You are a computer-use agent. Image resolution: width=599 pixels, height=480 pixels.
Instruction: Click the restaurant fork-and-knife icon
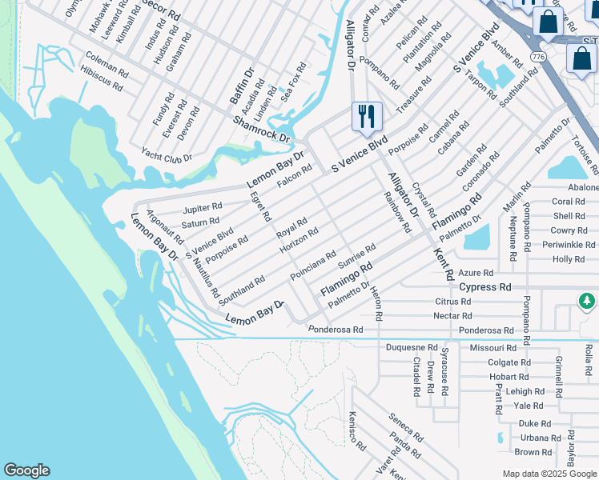pyautogui.click(x=367, y=116)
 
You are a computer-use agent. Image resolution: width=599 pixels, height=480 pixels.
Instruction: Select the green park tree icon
pyautogui.click(x=588, y=302)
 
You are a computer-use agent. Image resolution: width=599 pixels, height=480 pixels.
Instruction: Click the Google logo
pyautogui.click(x=26, y=470)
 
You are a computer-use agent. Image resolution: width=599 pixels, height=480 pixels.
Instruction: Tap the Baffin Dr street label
pyautogui.click(x=241, y=86)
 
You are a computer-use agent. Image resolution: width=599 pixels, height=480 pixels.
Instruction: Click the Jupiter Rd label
pyautogui.click(x=202, y=207)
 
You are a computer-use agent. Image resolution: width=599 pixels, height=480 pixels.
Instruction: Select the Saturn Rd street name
pyautogui.click(x=200, y=223)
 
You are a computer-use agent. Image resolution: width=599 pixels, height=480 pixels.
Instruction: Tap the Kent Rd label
pyautogui.click(x=443, y=263)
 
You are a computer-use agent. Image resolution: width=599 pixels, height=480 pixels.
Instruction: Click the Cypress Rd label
pyautogui.click(x=484, y=286)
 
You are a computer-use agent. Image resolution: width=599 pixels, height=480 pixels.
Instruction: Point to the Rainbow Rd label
pyautogui.click(x=396, y=212)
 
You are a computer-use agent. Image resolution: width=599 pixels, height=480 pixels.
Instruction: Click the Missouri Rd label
pyautogui.click(x=492, y=348)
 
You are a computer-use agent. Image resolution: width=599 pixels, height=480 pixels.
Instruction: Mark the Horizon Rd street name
pyautogui.click(x=299, y=241)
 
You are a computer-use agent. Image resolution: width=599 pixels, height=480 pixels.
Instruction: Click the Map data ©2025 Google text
pyautogui.click(x=549, y=474)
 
